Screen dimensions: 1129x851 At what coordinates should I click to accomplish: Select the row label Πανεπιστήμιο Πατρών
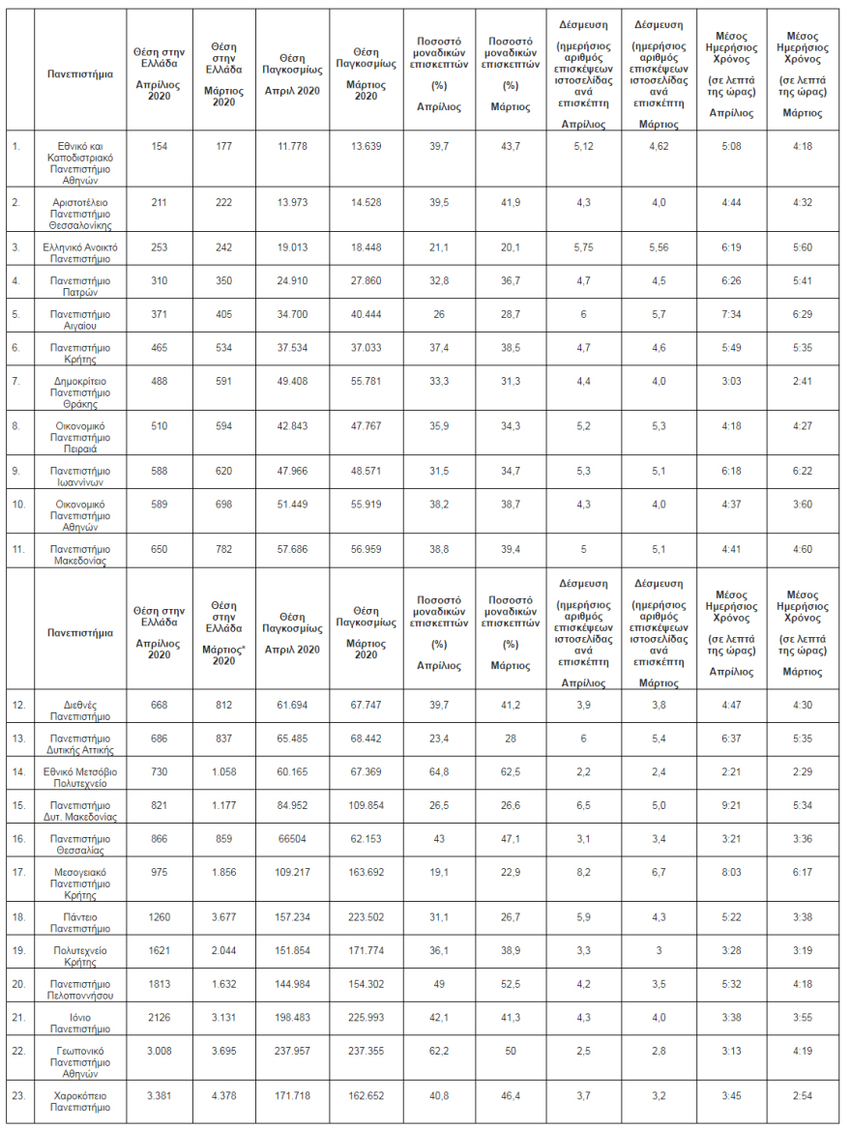tap(81, 285)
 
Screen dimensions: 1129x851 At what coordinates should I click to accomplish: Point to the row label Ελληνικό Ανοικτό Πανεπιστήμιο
tap(81, 252)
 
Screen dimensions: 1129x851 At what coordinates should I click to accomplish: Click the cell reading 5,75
tap(583, 246)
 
